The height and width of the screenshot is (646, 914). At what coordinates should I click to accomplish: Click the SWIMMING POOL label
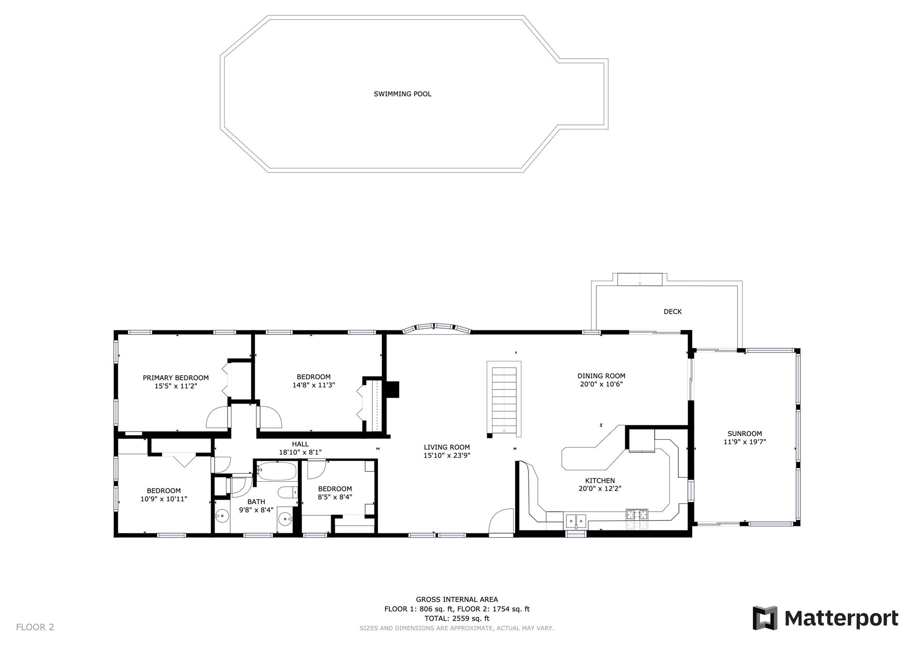tap(403, 94)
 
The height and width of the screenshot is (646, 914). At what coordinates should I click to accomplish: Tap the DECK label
tap(673, 312)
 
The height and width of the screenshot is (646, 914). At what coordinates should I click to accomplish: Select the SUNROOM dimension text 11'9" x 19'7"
tap(745, 442)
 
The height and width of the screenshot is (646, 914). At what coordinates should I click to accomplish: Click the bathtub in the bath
tap(277, 472)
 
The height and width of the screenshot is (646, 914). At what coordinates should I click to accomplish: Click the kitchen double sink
tap(576, 521)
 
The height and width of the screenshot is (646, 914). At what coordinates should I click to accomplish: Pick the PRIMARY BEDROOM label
tap(176, 378)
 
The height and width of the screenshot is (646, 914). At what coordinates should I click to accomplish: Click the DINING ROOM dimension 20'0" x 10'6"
tap(602, 384)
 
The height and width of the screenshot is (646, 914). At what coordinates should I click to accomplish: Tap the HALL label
tap(300, 444)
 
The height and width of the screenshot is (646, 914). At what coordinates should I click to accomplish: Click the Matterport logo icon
tap(765, 618)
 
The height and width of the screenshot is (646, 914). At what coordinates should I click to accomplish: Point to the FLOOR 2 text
tap(35, 627)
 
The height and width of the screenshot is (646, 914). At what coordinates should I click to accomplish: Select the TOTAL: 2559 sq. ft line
tap(457, 618)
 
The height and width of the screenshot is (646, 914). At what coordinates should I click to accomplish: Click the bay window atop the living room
tap(436, 328)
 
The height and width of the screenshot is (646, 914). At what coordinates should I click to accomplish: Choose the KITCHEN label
tap(600, 480)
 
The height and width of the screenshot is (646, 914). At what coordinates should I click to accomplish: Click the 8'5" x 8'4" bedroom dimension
tap(335, 497)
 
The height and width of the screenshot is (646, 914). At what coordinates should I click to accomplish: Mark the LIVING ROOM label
tap(447, 447)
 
